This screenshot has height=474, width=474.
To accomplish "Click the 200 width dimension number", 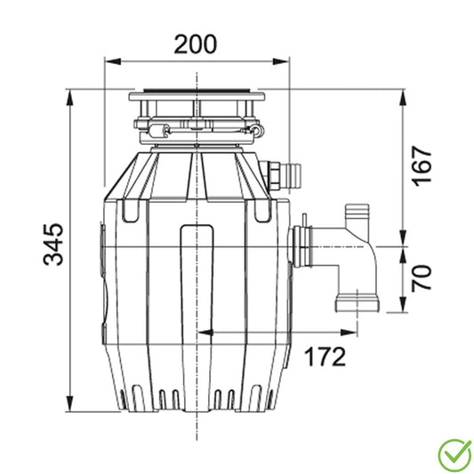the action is [x=196, y=44].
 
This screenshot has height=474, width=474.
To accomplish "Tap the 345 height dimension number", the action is [x=53, y=245].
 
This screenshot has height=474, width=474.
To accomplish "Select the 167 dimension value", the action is [x=422, y=166].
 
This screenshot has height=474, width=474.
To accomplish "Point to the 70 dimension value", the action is [x=422, y=278].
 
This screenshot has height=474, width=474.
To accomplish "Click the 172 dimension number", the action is [x=325, y=357].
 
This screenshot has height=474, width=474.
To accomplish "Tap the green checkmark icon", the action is [x=455, y=455].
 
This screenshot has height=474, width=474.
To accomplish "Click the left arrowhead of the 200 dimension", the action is [x=112, y=61].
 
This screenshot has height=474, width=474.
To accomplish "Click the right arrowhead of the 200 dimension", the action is [x=281, y=61].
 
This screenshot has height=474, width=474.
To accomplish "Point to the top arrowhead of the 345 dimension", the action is [x=70, y=98].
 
